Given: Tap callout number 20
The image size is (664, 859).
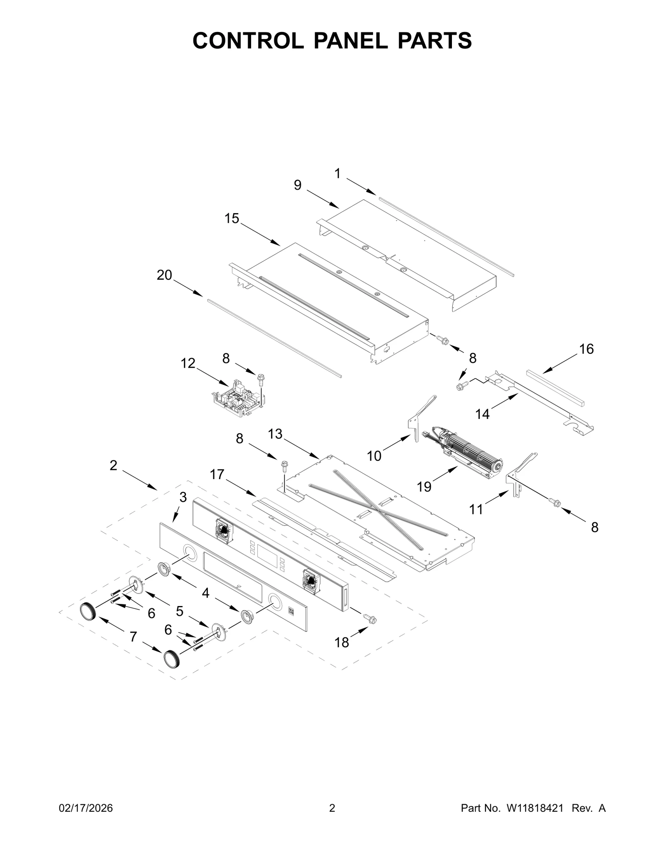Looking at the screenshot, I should (x=164, y=275).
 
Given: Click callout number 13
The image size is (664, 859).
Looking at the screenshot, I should (x=275, y=434).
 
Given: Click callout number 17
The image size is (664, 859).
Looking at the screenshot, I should (x=217, y=474).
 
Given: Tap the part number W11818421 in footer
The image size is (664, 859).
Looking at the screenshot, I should (x=535, y=808).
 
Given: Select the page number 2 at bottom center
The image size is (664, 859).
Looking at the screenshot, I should (x=332, y=808).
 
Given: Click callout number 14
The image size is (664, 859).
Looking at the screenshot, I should (x=482, y=414).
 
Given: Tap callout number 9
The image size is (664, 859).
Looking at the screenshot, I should (x=298, y=185).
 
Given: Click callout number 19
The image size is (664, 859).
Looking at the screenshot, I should (x=424, y=487).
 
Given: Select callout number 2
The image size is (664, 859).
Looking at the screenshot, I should (x=113, y=466).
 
